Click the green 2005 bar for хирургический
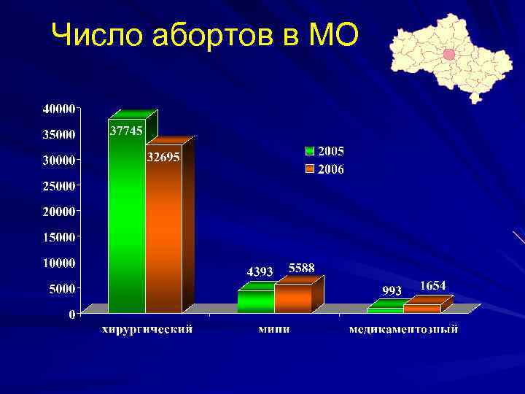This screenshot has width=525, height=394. pos(126,219)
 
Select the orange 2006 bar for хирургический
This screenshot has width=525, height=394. pos(163,233)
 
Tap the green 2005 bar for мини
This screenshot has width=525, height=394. pos(256,301)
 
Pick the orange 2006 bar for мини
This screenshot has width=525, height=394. pos(293,298)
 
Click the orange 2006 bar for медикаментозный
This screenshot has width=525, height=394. pos(422,309)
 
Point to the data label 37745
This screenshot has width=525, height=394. pos(126,131)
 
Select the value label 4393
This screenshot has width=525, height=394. pos(260,271)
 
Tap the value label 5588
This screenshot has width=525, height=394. pos(301,268)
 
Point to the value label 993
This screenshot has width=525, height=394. pos(392,290)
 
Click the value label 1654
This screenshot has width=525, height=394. pos(432,285)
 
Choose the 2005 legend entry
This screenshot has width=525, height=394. pos(324,151)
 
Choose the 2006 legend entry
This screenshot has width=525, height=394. pos(324,169)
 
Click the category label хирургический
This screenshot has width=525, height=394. pos(147,329)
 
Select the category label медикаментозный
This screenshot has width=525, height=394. pos(403,329)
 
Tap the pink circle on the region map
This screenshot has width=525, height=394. pos(449,54)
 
